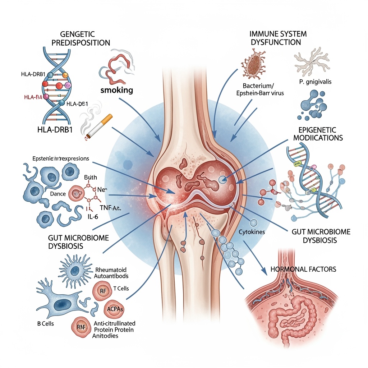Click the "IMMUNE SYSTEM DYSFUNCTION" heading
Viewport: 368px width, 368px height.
tap(278, 38)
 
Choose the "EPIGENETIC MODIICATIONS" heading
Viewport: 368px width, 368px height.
tap(318, 134)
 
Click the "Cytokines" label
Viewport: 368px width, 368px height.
tap(252, 232)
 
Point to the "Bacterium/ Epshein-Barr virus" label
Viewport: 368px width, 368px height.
tap(258, 89)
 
